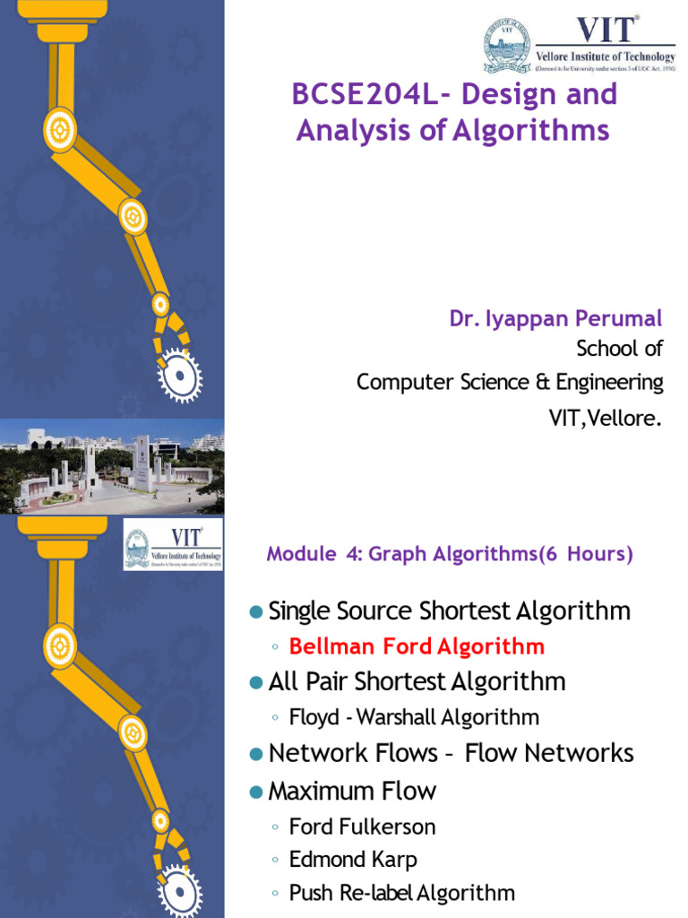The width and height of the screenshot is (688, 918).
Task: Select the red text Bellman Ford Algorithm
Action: click(417, 646)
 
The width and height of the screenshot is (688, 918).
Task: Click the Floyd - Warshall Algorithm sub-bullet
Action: click(414, 717)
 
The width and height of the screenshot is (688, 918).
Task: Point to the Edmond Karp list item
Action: click(353, 860)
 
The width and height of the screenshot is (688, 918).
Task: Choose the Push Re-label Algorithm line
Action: click(401, 893)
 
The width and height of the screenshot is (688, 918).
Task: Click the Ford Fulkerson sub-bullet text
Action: click(362, 827)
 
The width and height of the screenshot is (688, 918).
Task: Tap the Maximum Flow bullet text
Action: click(352, 791)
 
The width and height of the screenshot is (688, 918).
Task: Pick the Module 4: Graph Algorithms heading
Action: click(450, 554)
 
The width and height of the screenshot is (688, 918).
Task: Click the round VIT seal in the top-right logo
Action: click(507, 47)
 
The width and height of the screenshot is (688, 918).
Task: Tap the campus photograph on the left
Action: click(112, 466)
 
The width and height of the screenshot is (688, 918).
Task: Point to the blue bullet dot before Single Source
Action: click(255, 611)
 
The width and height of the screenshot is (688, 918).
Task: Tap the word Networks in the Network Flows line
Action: click(579, 753)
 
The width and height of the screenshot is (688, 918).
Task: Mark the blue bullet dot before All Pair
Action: click(255, 682)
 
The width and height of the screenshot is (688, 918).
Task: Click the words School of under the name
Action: click(619, 349)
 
